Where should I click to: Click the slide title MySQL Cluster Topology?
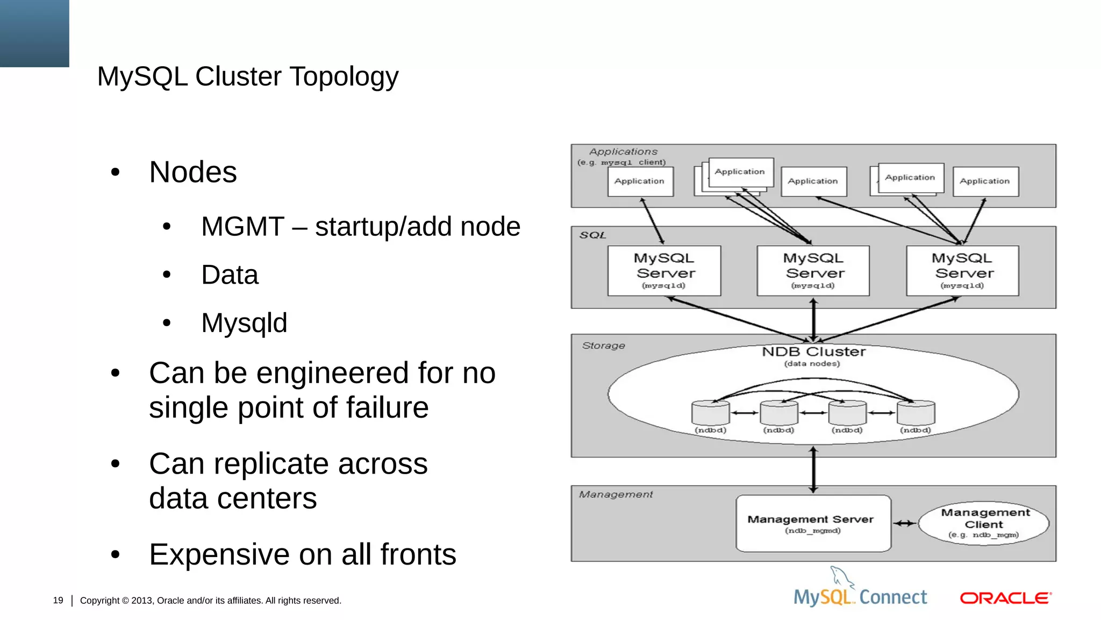click(247, 76)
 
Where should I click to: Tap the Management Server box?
click(813, 523)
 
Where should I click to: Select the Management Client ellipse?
click(984, 523)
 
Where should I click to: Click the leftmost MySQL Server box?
click(664, 271)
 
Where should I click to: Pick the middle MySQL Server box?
click(813, 271)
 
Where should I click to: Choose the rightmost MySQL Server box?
click(962, 271)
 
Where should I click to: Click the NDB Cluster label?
click(813, 352)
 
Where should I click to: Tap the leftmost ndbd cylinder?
click(710, 413)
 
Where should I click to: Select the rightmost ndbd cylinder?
click(916, 413)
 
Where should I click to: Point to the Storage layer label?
click(603, 346)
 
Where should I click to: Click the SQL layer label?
click(592, 235)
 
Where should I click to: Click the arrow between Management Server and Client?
click(905, 523)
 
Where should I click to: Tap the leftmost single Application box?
click(640, 181)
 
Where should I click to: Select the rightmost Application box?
click(985, 181)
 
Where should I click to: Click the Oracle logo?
click(1005, 598)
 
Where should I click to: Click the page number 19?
click(58, 600)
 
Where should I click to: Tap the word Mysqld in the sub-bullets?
click(244, 323)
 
